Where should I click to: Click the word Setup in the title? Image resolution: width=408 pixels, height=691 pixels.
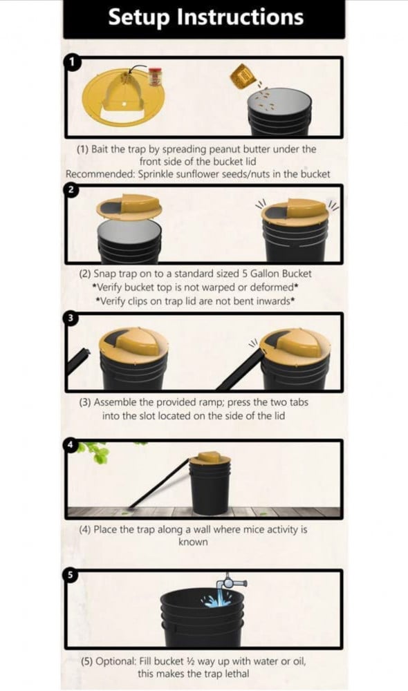click(x=139, y=18)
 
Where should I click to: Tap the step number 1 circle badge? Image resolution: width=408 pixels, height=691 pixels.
click(x=73, y=61)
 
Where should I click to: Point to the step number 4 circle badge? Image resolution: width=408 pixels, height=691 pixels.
click(x=71, y=444)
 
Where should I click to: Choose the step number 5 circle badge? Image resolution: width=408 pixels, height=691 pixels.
click(x=71, y=575)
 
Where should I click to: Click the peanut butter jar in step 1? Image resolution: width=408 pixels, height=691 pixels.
click(x=154, y=77)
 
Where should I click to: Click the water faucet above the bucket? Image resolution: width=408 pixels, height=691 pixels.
click(x=231, y=583)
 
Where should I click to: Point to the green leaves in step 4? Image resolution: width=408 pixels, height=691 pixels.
click(x=94, y=451)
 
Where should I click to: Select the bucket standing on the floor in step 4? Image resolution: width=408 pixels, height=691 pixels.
click(x=210, y=484)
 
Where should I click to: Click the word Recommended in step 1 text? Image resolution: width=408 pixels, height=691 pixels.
click(x=100, y=174)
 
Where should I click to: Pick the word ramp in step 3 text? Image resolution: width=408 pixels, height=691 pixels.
click(x=212, y=403)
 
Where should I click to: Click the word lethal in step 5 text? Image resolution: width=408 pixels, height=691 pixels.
click(x=237, y=673)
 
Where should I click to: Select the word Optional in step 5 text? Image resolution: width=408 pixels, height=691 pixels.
click(x=116, y=661)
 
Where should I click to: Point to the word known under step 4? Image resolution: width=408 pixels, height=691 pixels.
click(x=193, y=542)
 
